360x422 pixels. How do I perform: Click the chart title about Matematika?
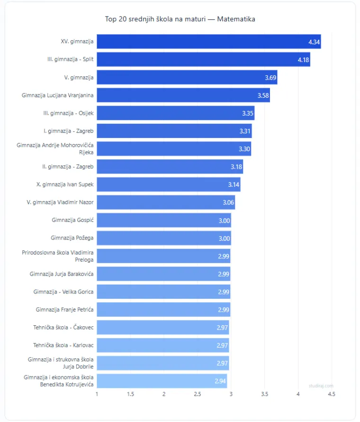pos(180,19)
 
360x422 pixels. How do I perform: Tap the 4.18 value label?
pos(304,60)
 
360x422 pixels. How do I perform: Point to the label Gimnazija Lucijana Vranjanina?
pos(57,95)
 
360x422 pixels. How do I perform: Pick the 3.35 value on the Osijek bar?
pos(248,113)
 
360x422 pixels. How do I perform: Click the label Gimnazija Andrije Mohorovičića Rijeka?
pos(55,149)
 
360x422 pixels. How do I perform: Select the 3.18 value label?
pos(236,167)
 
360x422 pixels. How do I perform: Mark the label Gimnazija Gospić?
pos(72,220)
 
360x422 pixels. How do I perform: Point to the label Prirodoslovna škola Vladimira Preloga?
pos(57,256)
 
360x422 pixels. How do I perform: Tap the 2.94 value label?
pos(220,381)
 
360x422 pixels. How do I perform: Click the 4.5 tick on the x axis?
pos(332,394)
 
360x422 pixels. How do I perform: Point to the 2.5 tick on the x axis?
pos(198,394)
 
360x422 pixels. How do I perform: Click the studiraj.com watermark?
pos(321,385)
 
